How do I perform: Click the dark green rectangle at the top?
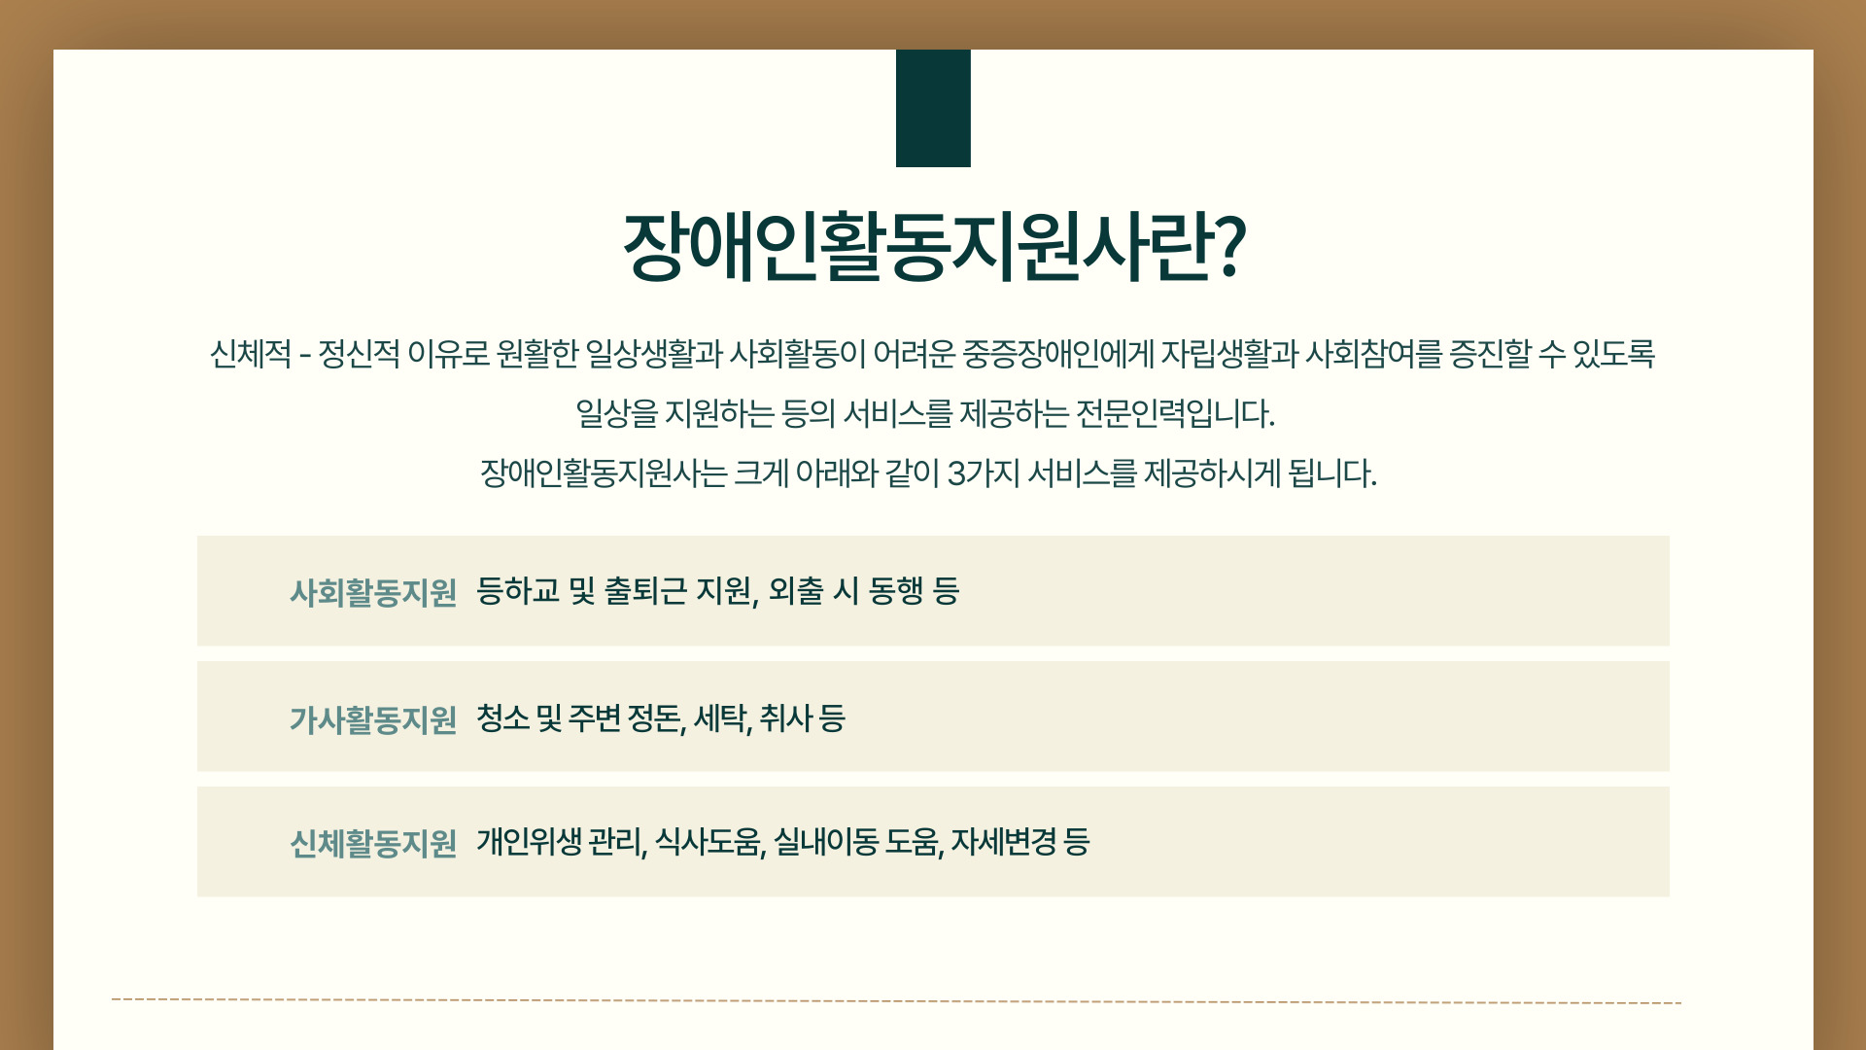[x=933, y=108]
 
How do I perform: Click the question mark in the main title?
[x=1229, y=248]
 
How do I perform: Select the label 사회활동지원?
[x=373, y=592]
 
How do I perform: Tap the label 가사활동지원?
[x=373, y=719]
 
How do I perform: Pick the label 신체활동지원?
[x=373, y=843]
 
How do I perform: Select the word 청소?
[x=503, y=718]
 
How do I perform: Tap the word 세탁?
[x=722, y=719]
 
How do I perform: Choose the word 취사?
[x=786, y=718]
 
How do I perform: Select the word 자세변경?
[x=1004, y=841]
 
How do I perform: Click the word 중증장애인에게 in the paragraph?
[x=1057, y=354]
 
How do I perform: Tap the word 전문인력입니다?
[x=1175, y=414]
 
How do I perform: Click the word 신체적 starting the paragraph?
[x=251, y=354]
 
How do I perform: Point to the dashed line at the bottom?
[x=896, y=1000]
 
